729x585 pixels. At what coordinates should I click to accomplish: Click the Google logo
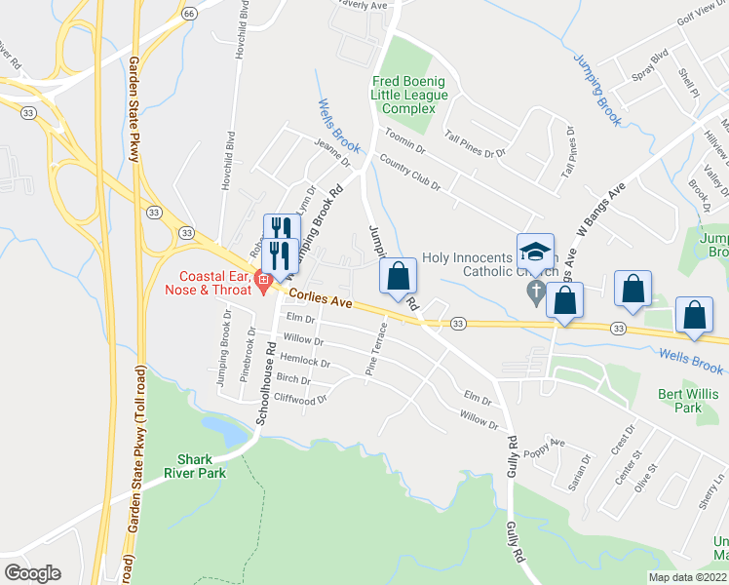32,573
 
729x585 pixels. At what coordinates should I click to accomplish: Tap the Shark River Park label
202,466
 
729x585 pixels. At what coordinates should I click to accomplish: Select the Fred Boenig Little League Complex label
409,96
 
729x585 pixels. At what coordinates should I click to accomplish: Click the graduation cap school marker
534,253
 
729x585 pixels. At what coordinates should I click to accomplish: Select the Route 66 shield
189,13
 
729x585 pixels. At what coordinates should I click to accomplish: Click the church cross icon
534,292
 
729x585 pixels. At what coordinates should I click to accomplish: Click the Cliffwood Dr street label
301,399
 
